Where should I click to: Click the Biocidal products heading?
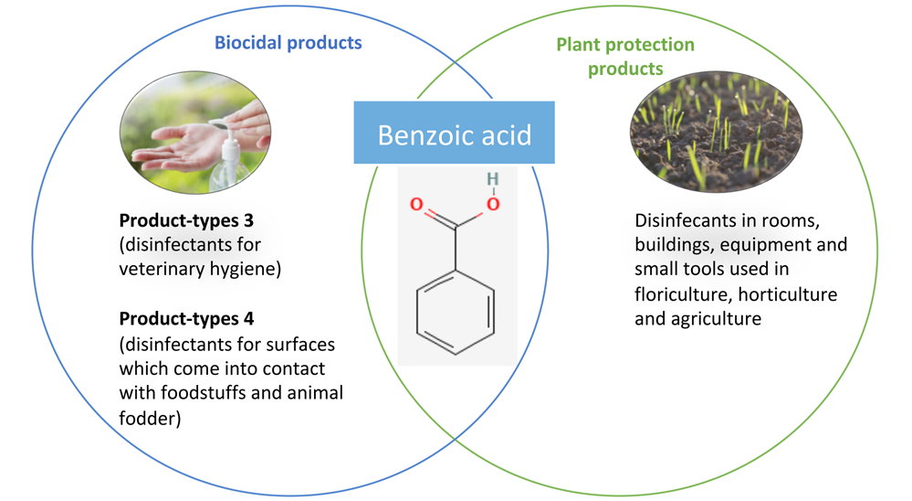coord(288,43)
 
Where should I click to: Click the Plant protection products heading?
coord(625,57)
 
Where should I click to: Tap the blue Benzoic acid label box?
coord(455,133)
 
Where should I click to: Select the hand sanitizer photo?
coord(195,133)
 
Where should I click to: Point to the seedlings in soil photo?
coord(716,132)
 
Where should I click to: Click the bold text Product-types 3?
coord(186,220)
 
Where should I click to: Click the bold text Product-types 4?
coord(186,319)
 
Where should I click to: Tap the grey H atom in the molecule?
coord(493,179)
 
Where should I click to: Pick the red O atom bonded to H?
coord(493,205)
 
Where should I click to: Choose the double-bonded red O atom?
coord(416,205)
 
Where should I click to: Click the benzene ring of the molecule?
coord(456,313)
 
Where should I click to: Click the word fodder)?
coord(150,418)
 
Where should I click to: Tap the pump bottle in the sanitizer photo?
coord(227,156)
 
